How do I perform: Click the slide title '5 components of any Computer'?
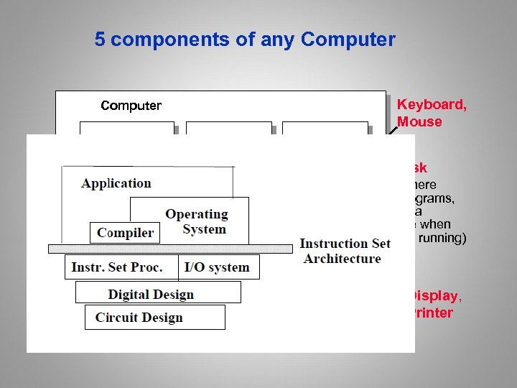click(245, 40)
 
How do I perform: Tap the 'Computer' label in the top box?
click(131, 106)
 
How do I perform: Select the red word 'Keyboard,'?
click(432, 105)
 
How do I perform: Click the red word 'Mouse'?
click(419, 122)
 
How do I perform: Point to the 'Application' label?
click(116, 183)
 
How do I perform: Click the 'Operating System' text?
click(196, 221)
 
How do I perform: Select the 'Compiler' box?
click(126, 233)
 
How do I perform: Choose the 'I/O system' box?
click(218, 267)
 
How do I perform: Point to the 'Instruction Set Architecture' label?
click(345, 251)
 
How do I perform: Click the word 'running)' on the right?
click(441, 238)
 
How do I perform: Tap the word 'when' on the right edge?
click(435, 224)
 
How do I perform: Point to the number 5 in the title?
click(101, 40)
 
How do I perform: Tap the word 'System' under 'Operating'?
click(204, 230)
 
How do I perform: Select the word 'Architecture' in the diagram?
click(343, 259)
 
